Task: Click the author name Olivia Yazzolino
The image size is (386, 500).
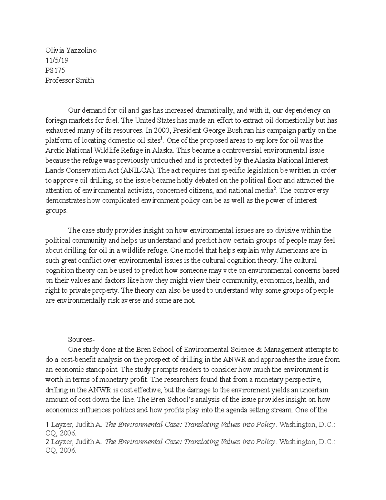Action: (71, 51)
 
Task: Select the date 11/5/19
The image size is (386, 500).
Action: (57, 61)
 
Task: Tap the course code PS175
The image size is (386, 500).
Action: (55, 71)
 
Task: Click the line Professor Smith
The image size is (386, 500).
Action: (69, 80)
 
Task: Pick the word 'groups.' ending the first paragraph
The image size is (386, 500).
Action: (57, 211)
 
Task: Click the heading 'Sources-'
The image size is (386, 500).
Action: (80, 339)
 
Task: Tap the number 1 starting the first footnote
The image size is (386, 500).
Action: (47, 425)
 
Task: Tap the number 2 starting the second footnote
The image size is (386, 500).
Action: (47, 442)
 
